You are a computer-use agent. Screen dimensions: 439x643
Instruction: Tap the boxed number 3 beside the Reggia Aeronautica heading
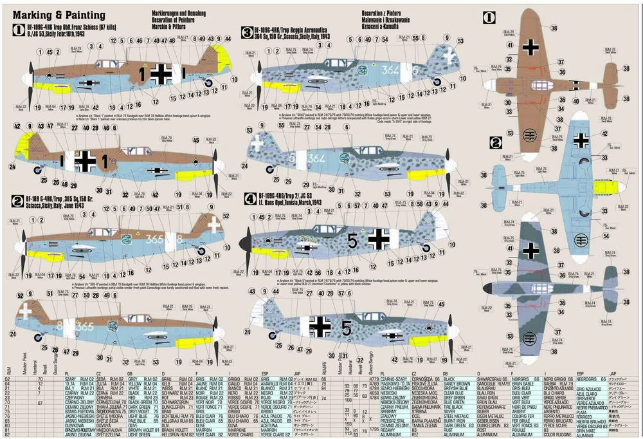pos(246,32)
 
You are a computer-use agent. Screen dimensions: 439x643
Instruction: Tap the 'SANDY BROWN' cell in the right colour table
pos(457,384)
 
